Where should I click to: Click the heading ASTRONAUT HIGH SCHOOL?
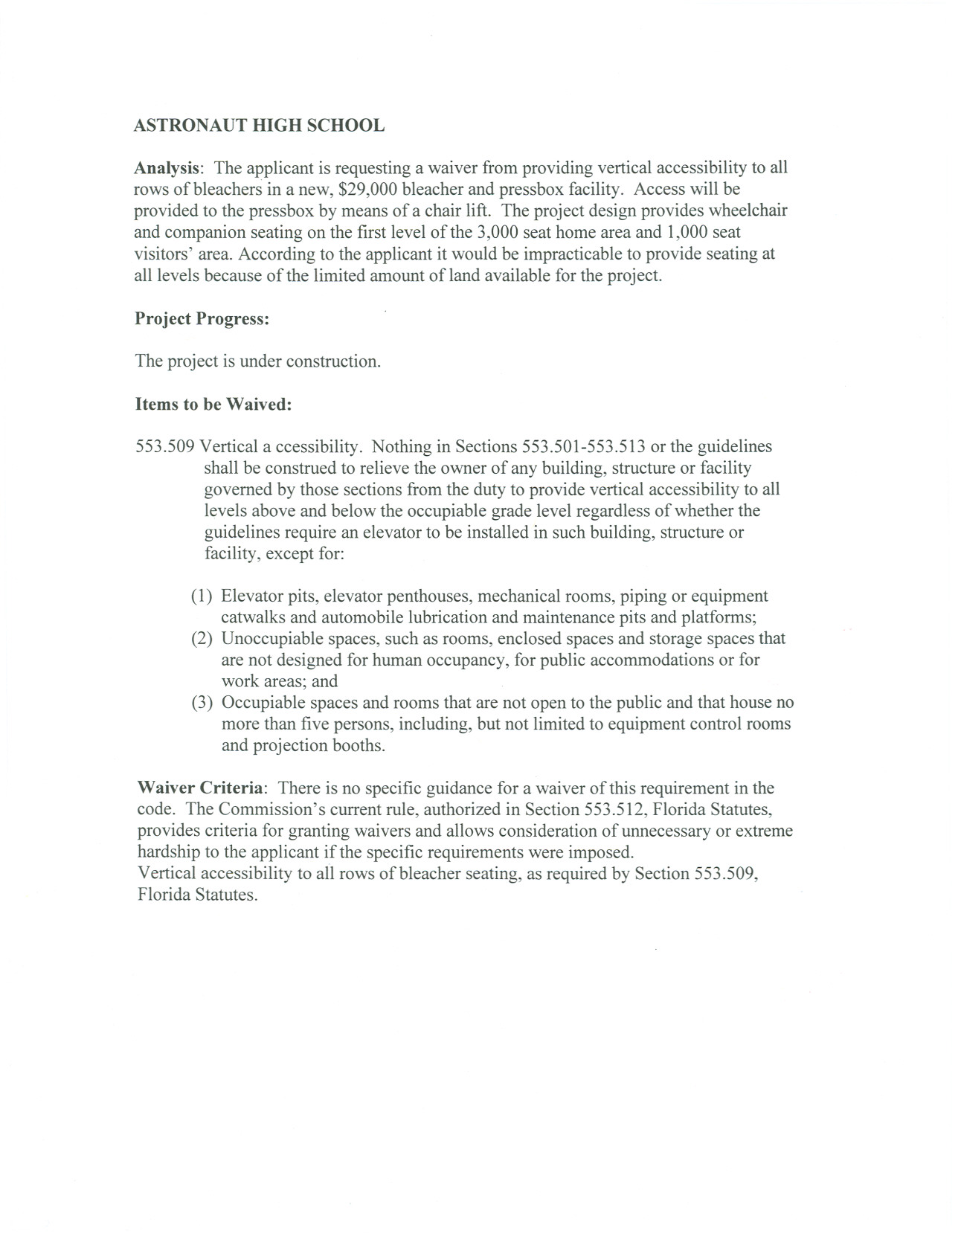point(259,126)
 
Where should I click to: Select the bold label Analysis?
point(166,168)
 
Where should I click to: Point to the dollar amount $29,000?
point(367,190)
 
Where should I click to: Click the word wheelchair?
point(746,210)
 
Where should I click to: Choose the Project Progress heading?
point(202,319)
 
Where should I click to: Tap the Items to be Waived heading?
point(213,405)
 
